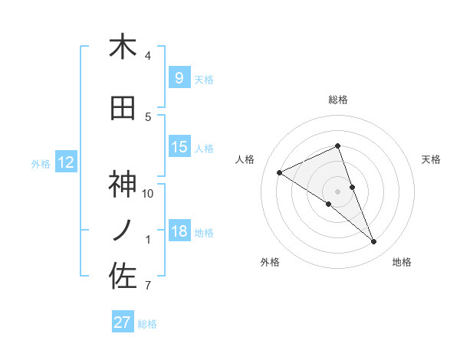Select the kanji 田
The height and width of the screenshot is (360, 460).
(123, 108)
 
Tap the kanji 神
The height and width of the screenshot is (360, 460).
(123, 185)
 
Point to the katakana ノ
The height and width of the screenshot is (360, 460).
(123, 231)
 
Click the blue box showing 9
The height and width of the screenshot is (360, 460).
(179, 77)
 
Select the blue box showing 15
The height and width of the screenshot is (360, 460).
(179, 147)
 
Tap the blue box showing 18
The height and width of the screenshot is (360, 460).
(179, 231)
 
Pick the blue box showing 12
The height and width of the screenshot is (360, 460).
(65, 162)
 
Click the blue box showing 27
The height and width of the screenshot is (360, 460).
(123, 322)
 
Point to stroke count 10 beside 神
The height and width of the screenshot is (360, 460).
(148, 193)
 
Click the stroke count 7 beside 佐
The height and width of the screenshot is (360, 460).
(148, 286)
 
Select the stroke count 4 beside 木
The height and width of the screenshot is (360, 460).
(148, 56)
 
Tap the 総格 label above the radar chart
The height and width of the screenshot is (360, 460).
(337, 100)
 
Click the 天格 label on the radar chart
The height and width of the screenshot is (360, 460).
(432, 159)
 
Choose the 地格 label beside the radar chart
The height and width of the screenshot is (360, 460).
(402, 262)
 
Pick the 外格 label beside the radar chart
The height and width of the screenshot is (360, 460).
(270, 262)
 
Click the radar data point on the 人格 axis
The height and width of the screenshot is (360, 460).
(280, 172)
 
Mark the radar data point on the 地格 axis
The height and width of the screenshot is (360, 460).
(374, 242)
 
